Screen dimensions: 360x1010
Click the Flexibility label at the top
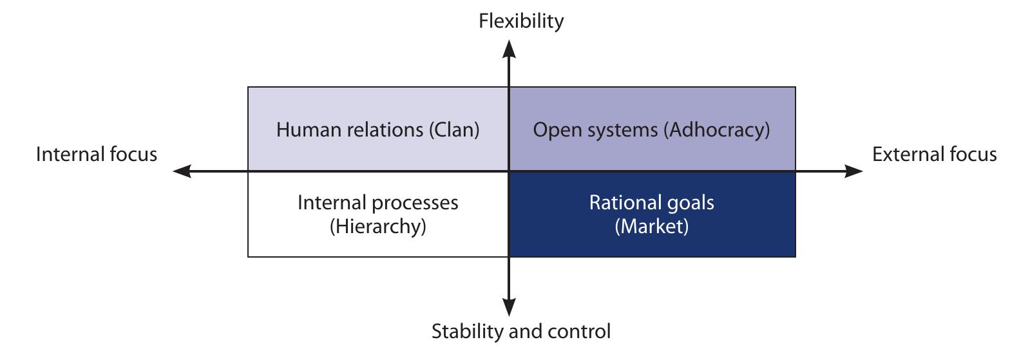(x=520, y=21)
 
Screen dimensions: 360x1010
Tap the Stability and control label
(x=520, y=332)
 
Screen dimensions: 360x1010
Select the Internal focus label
(x=97, y=155)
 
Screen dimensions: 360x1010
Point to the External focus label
(x=934, y=155)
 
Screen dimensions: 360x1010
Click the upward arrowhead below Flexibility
(x=509, y=49)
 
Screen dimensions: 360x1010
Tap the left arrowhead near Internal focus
(x=183, y=171)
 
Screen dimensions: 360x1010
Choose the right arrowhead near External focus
(x=853, y=171)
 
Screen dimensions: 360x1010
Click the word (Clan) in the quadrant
(x=454, y=130)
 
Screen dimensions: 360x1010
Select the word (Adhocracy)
(x=718, y=130)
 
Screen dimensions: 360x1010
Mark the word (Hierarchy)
(x=377, y=227)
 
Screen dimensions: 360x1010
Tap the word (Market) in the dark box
(x=651, y=227)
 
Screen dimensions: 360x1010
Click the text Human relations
(x=350, y=130)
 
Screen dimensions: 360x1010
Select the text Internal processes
(x=377, y=203)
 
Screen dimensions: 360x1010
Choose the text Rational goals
(x=651, y=203)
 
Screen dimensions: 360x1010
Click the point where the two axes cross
(x=509, y=171)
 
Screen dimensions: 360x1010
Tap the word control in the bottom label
(x=577, y=332)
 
